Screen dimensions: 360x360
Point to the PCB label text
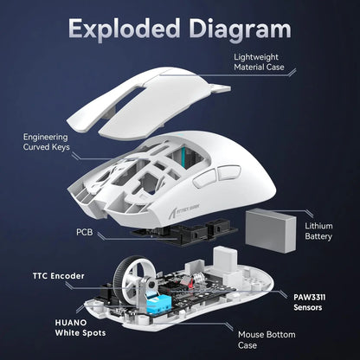(x=85, y=233)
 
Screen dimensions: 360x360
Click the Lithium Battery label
(x=318, y=231)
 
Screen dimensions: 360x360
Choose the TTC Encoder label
(x=55, y=276)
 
